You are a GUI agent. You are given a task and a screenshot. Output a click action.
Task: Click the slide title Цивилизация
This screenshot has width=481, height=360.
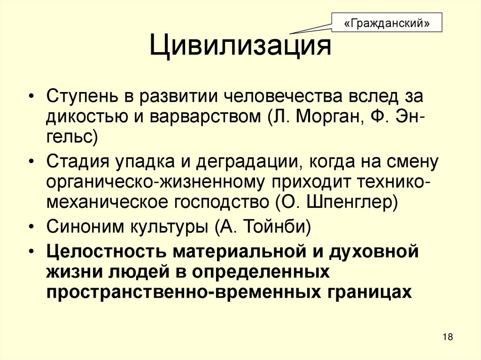pyautogui.click(x=240, y=47)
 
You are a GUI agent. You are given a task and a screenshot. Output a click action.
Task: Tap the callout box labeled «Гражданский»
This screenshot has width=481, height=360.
pyautogui.click(x=387, y=23)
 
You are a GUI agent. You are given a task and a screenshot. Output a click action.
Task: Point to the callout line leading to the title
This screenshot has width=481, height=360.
pyautogui.click(x=310, y=28)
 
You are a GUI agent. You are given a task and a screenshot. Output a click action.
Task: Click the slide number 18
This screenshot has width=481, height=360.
pyautogui.click(x=447, y=337)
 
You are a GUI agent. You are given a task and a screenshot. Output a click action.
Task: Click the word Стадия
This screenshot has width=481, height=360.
pyautogui.click(x=77, y=162)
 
